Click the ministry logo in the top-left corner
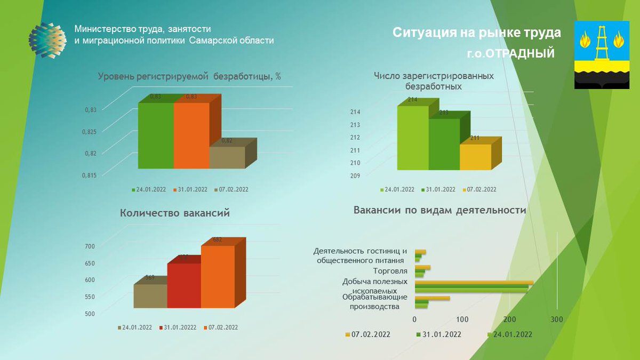tap(47, 40)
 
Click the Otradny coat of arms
tap(602, 55)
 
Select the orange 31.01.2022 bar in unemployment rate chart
tap(191, 135)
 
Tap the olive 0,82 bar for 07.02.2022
tap(227, 157)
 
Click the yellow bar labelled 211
tap(475, 157)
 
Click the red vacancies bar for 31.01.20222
tap(184, 285)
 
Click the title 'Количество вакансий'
tap(175, 213)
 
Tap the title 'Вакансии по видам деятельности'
tap(439, 210)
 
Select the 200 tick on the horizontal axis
tap(509, 319)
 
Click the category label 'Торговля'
tap(392, 271)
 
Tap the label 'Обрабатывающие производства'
tap(375, 302)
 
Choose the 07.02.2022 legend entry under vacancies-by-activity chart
tap(367, 334)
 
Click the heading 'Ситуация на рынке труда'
tap(477, 33)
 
